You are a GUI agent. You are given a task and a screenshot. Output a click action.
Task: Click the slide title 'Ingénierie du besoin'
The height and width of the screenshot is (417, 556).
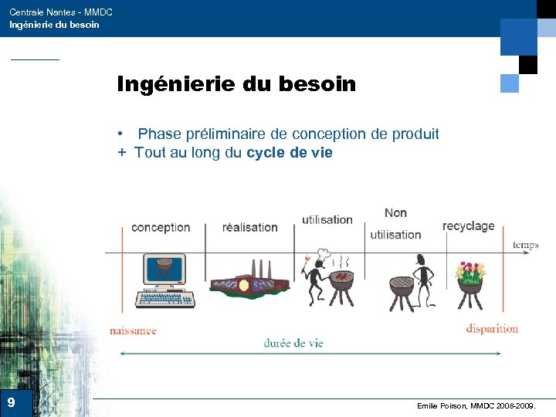click(x=236, y=84)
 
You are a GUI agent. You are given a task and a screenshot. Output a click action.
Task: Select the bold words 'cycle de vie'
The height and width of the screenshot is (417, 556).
click(x=290, y=153)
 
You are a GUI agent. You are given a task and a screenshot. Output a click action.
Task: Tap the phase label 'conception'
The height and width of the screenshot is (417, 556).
click(x=161, y=227)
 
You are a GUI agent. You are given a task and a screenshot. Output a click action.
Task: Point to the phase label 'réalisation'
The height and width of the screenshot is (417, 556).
click(x=249, y=227)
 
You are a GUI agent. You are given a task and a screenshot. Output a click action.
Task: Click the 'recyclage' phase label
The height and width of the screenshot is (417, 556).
click(x=468, y=226)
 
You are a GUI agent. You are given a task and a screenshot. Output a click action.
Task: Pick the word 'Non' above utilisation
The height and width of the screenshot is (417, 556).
click(x=395, y=213)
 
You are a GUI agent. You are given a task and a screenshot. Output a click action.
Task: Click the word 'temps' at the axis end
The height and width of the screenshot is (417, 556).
click(x=525, y=246)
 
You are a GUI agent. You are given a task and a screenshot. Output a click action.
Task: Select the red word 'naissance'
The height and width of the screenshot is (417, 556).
click(x=133, y=331)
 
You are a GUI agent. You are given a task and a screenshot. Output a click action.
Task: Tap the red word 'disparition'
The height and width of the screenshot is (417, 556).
click(x=492, y=328)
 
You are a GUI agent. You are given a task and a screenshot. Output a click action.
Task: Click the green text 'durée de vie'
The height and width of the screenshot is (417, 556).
click(x=293, y=344)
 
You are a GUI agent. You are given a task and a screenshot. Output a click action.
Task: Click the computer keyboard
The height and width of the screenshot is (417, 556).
click(x=164, y=299)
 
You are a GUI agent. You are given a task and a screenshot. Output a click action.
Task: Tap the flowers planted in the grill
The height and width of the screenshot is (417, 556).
click(x=470, y=271)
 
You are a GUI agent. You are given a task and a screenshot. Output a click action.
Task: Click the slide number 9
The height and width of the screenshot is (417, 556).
click(x=11, y=402)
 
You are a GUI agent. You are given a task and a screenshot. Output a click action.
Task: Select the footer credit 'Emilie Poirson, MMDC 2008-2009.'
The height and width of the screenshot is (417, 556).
click(x=480, y=405)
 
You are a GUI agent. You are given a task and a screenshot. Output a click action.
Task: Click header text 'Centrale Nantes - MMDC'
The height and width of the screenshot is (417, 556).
click(x=61, y=12)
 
